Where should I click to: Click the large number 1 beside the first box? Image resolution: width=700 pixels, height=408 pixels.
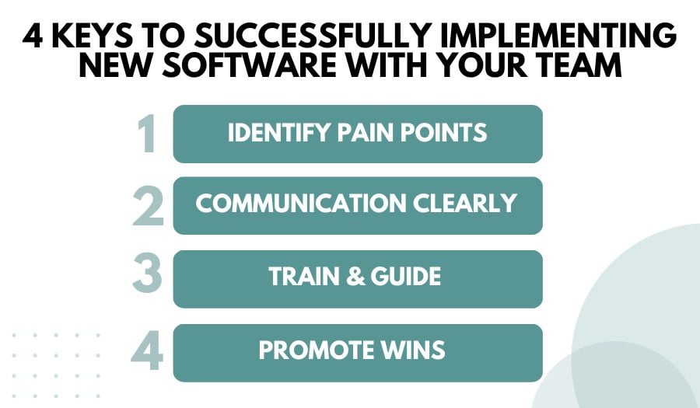click(x=145, y=134)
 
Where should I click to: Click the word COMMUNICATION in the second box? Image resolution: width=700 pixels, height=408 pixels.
click(x=302, y=204)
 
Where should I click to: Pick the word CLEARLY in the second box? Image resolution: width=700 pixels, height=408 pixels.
click(x=467, y=204)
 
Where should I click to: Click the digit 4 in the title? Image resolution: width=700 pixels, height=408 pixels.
click(x=33, y=37)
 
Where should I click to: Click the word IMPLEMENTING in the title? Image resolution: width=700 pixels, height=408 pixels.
click(x=575, y=37)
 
